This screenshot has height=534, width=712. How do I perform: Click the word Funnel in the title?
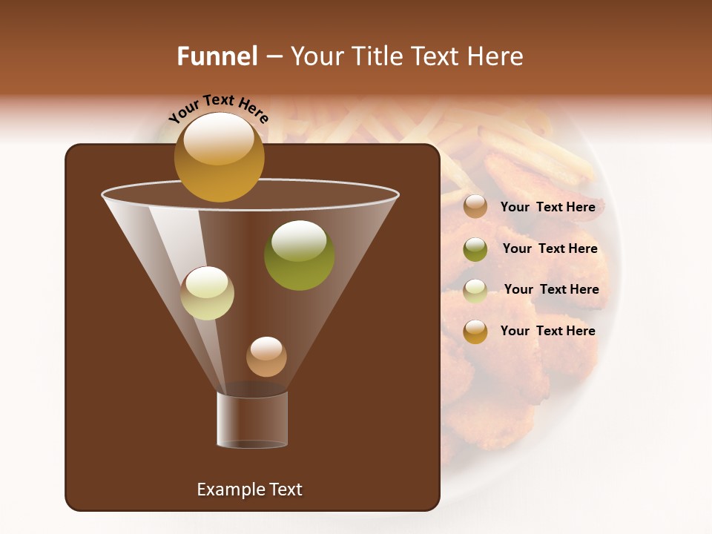tap(217, 56)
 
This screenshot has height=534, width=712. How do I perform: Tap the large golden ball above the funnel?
tap(219, 157)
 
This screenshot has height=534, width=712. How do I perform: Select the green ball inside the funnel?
tap(299, 255)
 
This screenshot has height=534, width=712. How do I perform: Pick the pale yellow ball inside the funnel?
tap(207, 293)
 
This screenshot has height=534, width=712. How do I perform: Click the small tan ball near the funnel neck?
tap(266, 357)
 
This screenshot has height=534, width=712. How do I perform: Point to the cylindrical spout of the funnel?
tap(252, 420)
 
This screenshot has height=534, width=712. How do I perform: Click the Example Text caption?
tap(249, 489)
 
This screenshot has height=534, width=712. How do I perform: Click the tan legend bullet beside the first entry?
tap(475, 207)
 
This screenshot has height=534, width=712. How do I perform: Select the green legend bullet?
tap(475, 249)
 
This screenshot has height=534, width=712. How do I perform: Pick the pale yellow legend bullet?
tap(475, 291)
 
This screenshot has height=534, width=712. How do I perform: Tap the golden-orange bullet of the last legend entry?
tap(475, 332)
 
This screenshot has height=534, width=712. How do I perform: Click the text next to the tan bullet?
tap(547, 207)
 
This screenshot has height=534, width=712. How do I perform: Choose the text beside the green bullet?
tap(550, 248)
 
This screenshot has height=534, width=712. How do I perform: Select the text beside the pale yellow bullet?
tap(551, 289)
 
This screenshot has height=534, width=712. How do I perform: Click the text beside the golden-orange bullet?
tap(547, 331)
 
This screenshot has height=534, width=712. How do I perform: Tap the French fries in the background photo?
tap(512, 145)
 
